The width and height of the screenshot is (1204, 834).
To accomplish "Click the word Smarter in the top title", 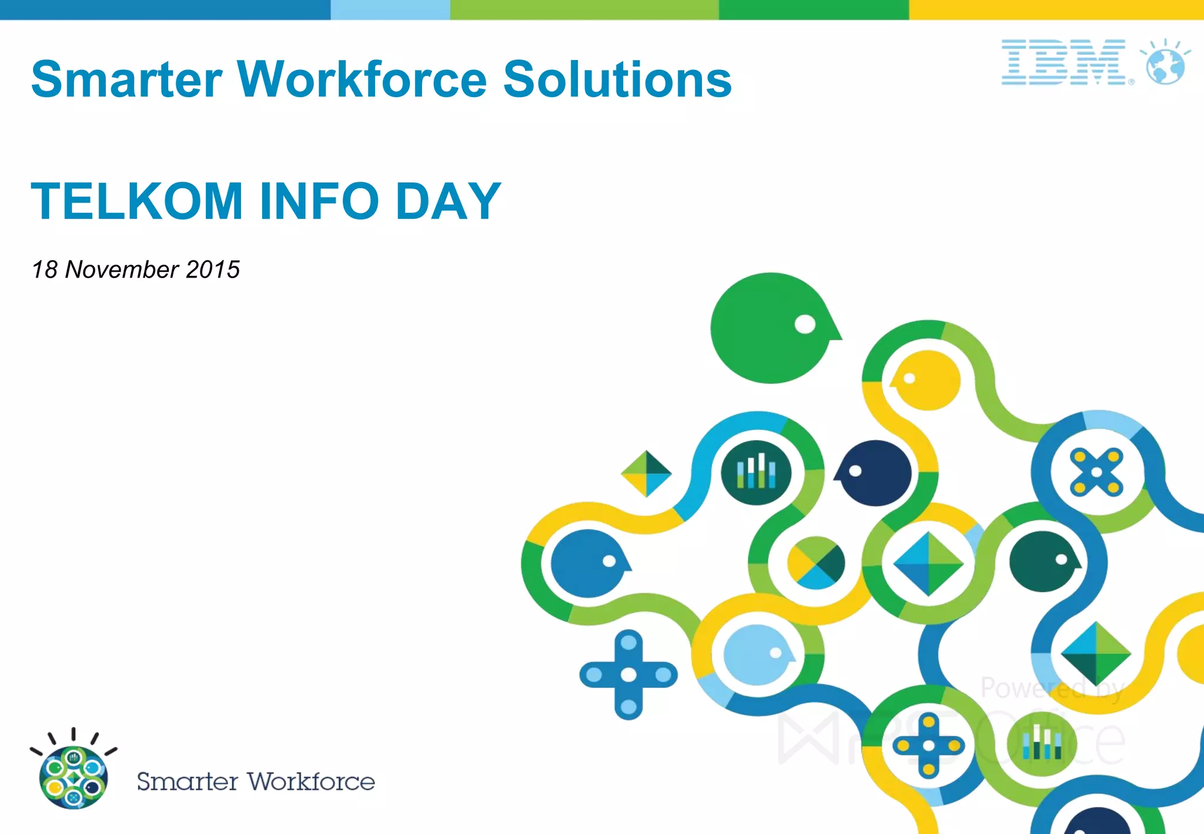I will [126, 79].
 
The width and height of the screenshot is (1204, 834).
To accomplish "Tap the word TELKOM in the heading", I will [136, 201].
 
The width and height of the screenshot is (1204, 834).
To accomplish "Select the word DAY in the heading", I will [448, 201].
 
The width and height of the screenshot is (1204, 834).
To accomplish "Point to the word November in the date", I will [122, 269].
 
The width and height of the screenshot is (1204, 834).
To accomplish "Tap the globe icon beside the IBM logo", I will [1165, 65].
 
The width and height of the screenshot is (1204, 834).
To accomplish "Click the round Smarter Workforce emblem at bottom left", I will [73, 776].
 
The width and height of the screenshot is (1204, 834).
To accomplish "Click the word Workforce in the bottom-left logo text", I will [310, 782].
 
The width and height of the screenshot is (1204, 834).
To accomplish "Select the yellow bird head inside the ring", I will [927, 380].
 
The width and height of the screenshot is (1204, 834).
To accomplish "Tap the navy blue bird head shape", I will [875, 473].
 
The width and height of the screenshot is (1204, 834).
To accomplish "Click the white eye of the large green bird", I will [805, 324].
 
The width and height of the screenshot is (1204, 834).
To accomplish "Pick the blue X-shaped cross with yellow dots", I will [1096, 472].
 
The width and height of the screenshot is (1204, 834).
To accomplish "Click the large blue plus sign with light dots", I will [628, 675].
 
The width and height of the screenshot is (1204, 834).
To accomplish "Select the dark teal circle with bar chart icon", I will [756, 472].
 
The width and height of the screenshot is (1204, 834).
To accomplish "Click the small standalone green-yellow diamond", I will [646, 473].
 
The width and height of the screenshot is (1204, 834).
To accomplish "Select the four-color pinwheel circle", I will [816, 563].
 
